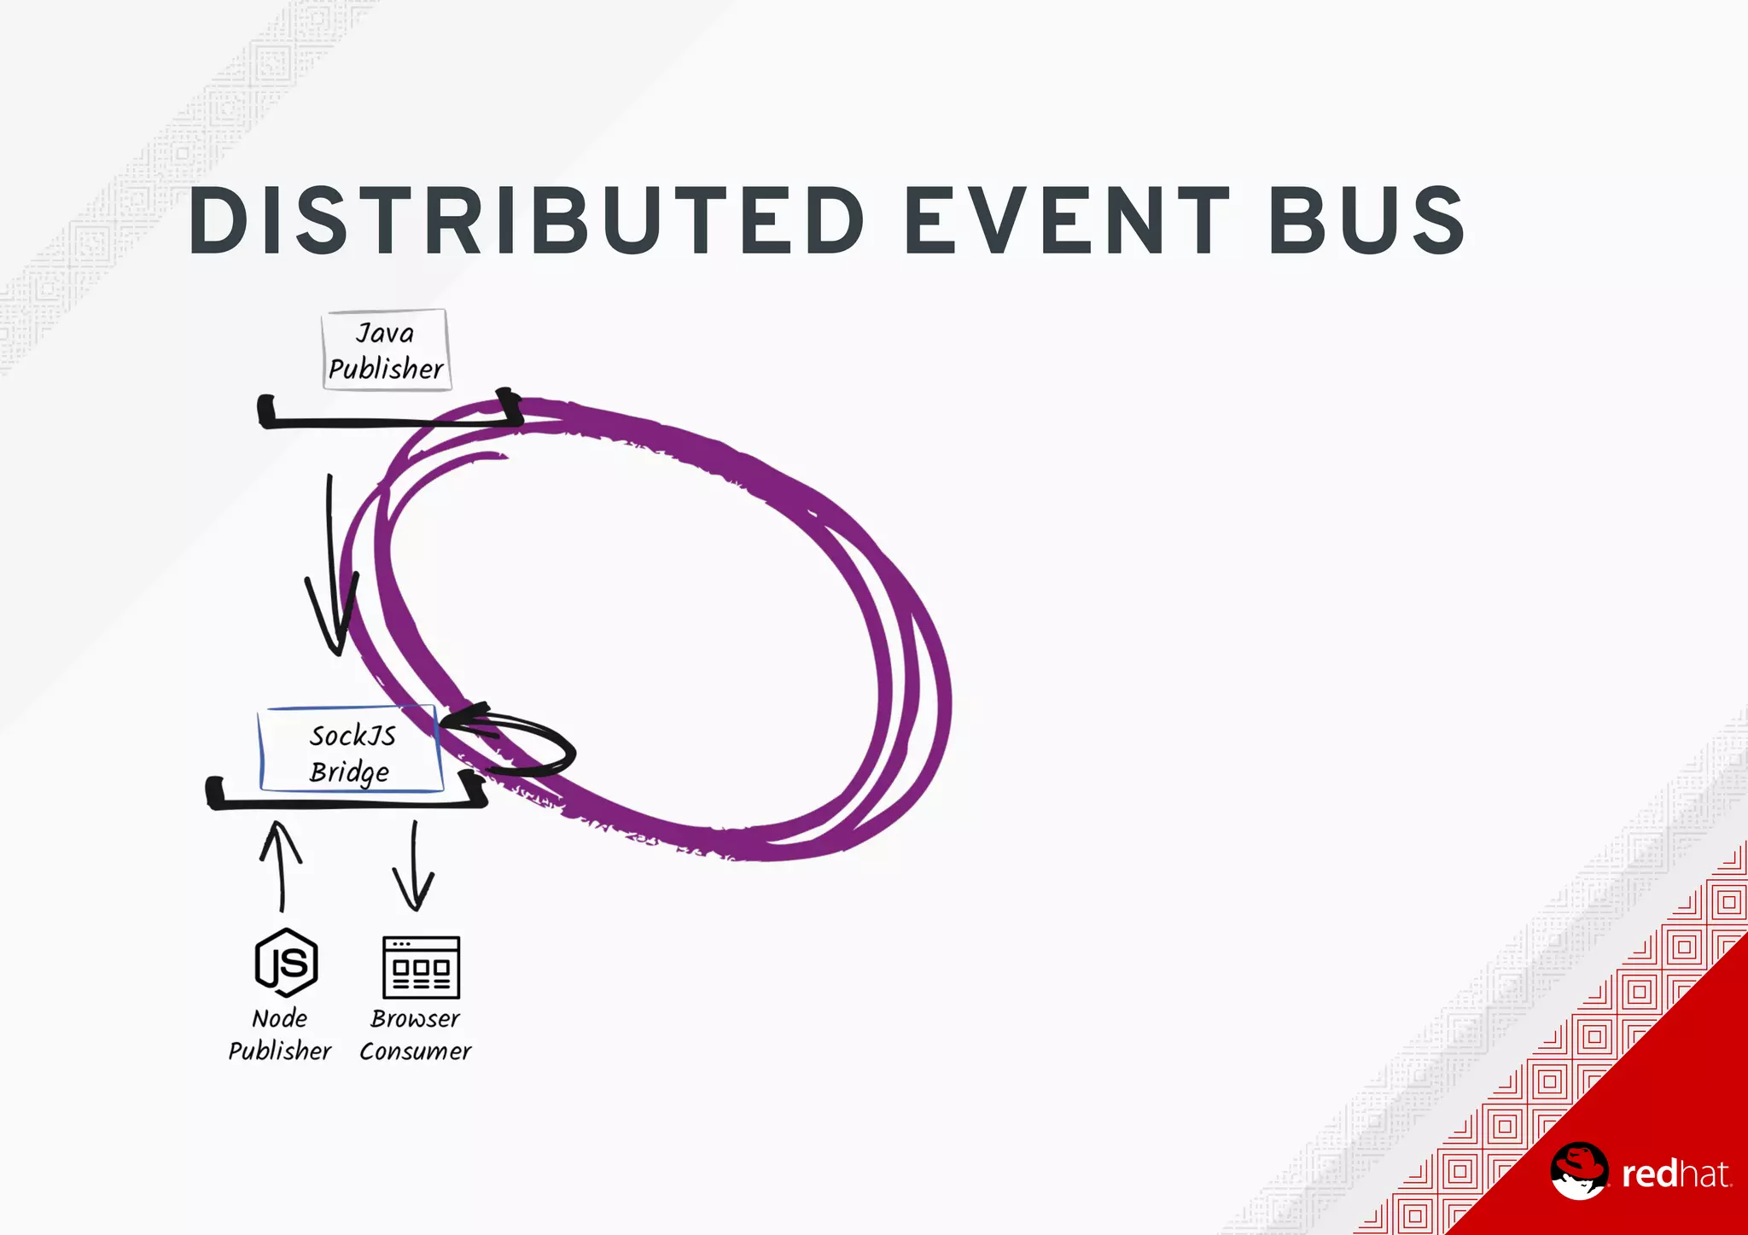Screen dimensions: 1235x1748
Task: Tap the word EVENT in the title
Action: click(1067, 221)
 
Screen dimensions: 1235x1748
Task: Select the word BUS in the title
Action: click(1367, 221)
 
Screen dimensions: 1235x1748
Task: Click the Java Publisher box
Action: click(386, 351)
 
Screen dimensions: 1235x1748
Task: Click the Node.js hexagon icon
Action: click(287, 963)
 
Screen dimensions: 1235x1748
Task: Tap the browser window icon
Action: click(421, 968)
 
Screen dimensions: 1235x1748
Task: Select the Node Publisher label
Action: click(279, 1034)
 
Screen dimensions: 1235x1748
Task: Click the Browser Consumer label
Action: click(416, 1034)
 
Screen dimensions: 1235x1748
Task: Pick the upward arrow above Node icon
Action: click(281, 865)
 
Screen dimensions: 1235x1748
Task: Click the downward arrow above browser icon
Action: click(414, 867)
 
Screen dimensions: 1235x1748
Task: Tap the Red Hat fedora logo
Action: click(1579, 1171)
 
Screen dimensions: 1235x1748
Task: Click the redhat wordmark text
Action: click(1676, 1174)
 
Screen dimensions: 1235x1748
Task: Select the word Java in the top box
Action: click(385, 333)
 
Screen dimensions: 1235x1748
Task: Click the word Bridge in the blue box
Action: click(349, 772)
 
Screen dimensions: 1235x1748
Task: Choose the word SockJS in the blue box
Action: click(353, 735)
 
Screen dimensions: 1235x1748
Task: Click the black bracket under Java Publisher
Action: click(388, 420)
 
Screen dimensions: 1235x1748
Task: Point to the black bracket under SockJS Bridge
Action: click(346, 802)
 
